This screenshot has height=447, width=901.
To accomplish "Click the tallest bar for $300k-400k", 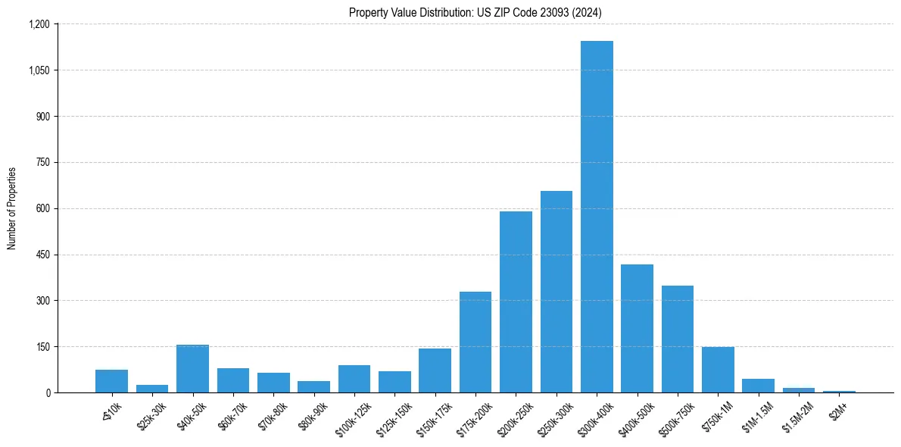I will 597,217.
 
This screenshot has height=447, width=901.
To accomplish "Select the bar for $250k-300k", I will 556,292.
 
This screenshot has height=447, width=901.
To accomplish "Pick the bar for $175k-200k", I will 475,342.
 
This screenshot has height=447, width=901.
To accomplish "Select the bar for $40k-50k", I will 192,369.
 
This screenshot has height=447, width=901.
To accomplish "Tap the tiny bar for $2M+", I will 839,392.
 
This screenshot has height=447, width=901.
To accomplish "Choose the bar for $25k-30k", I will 152,389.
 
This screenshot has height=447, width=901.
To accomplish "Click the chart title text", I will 475,12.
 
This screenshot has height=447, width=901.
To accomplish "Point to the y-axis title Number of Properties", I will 11,208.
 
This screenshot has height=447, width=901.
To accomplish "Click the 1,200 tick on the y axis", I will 39,24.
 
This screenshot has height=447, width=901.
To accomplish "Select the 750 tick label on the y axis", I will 42,162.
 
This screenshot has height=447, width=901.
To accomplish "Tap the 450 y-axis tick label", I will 42,255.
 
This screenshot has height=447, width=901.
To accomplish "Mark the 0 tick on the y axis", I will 47,392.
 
